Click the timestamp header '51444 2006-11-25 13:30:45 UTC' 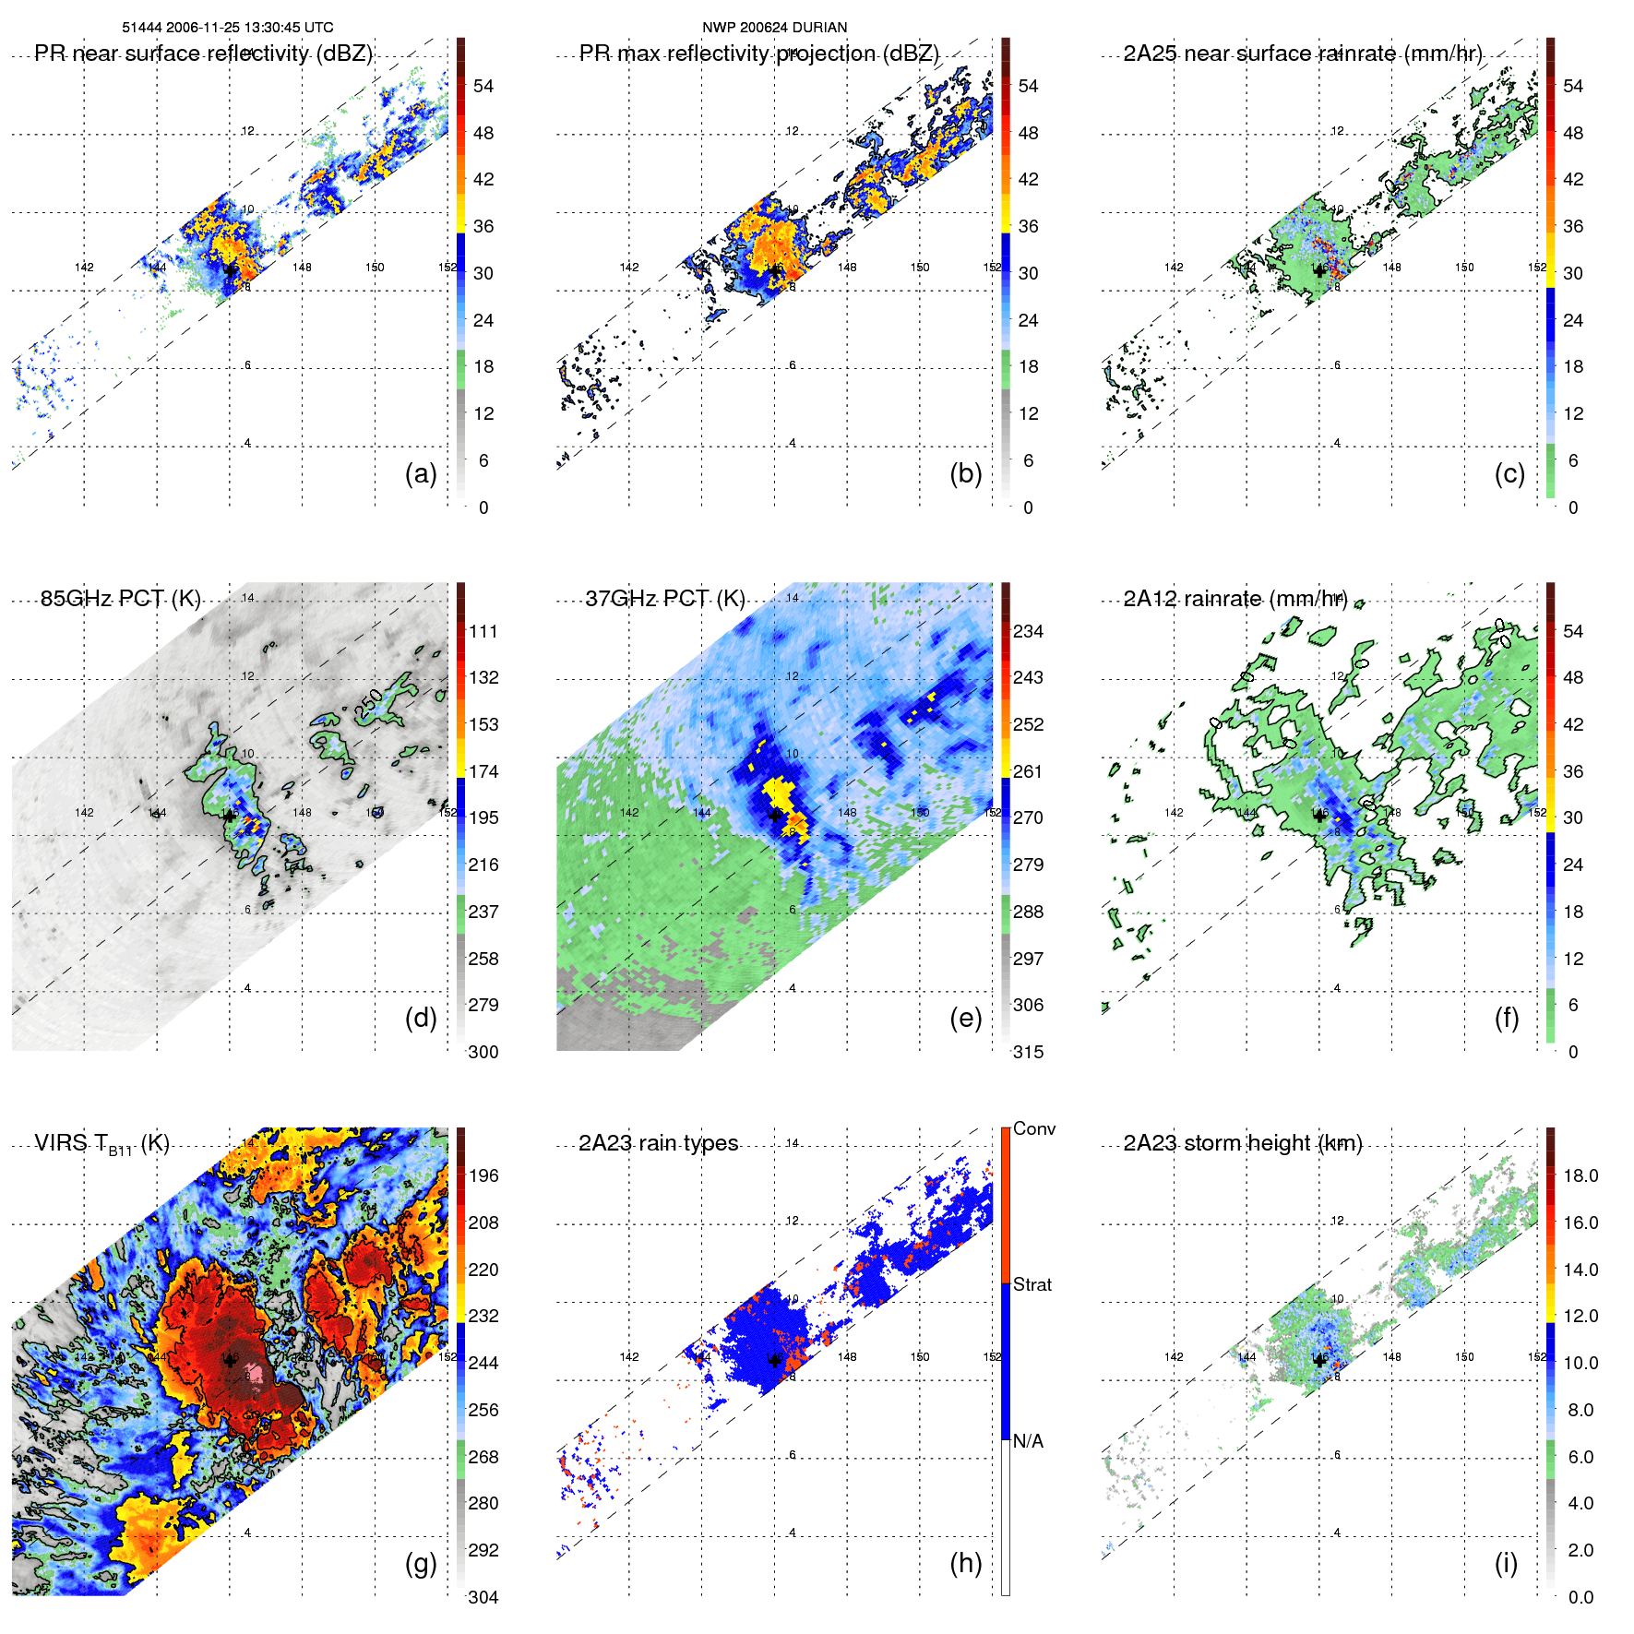point(228,28)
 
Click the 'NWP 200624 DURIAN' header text point(774,28)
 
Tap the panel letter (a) point(421,473)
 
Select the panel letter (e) point(965,1018)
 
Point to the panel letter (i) point(1506,1563)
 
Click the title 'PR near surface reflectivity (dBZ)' point(203,54)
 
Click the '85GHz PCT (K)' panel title point(120,599)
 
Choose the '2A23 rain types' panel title point(658,1143)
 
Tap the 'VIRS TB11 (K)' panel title point(101,1144)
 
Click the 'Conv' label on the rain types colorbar point(1034,1128)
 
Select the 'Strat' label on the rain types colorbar point(1032,1284)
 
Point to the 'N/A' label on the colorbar point(1028,1441)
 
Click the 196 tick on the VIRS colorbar point(483,1175)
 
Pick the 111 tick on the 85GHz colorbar point(483,631)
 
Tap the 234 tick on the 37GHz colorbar point(1028,631)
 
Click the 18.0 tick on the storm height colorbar point(1580,1175)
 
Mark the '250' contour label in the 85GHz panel point(368,705)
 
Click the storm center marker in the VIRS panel point(230,1359)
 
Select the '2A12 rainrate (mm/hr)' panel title point(1235,599)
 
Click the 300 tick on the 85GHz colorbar point(483,1052)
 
